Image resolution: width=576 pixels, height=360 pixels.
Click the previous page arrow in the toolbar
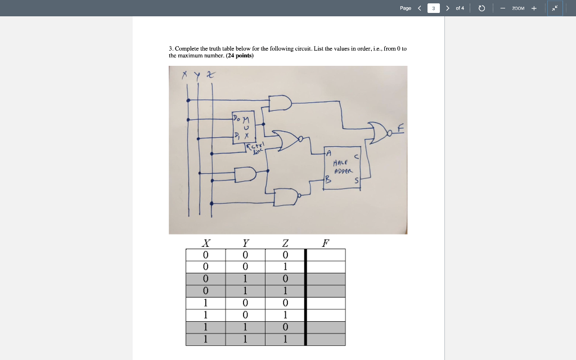click(419, 8)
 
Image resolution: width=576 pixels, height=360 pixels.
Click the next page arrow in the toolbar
click(448, 8)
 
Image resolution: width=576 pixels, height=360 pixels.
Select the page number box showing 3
click(434, 8)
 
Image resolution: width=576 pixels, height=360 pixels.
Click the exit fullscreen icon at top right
click(555, 8)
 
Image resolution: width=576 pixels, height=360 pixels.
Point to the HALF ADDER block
click(343, 167)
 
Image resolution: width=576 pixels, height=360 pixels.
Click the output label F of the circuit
click(400, 129)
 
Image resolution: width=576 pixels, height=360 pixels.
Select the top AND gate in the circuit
click(280, 103)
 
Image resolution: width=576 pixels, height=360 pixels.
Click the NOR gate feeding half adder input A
click(286, 140)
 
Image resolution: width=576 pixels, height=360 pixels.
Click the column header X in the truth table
click(206, 243)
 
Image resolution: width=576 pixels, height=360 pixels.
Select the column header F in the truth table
click(325, 243)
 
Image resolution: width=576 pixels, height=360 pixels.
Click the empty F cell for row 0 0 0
click(326, 255)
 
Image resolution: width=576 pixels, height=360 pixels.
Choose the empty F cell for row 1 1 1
click(326, 339)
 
